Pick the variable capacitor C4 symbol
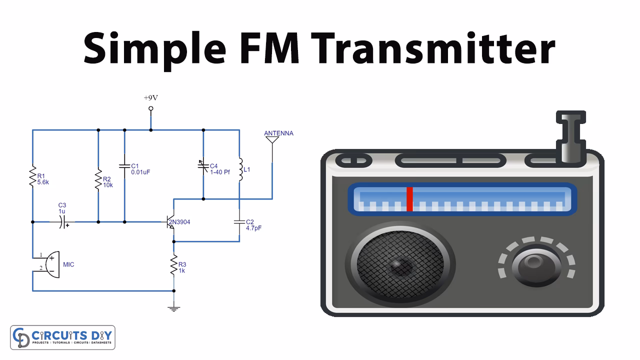click(203, 165)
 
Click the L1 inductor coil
click(239, 170)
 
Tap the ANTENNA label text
click(278, 133)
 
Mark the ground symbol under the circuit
click(174, 308)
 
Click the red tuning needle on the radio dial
click(409, 199)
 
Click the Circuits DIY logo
click(63, 337)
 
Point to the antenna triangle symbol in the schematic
click(272, 140)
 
